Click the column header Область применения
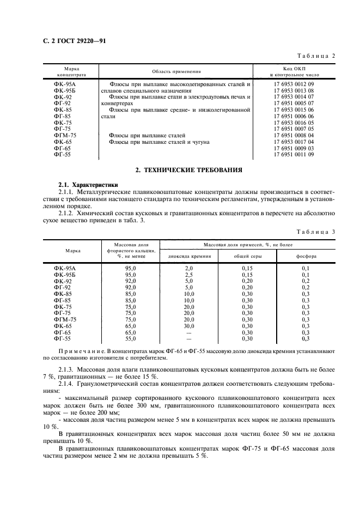click(x=176, y=71)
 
